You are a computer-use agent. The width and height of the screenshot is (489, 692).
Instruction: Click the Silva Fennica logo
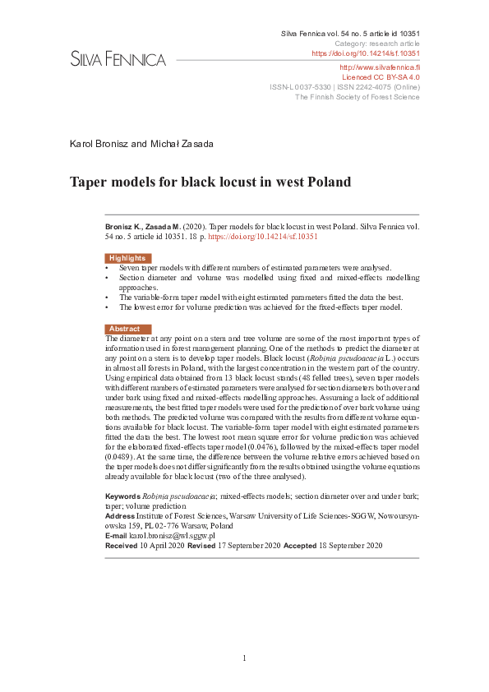[118, 59]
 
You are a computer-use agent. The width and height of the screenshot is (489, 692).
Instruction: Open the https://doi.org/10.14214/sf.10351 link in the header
[366, 53]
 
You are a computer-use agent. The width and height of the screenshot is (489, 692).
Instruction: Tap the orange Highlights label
[127, 258]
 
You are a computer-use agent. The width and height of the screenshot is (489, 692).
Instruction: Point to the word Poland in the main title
[329, 182]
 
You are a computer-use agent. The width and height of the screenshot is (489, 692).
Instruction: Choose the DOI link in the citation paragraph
[263, 237]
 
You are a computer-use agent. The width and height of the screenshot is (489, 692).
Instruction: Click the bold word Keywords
[122, 496]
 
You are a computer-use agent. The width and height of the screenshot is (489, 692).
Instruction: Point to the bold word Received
[122, 545]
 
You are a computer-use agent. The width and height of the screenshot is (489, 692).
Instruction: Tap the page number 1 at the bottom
[244, 657]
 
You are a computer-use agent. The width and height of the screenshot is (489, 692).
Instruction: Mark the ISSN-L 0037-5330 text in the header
[301, 85]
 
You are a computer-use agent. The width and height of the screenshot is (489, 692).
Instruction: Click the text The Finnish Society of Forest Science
[357, 96]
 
